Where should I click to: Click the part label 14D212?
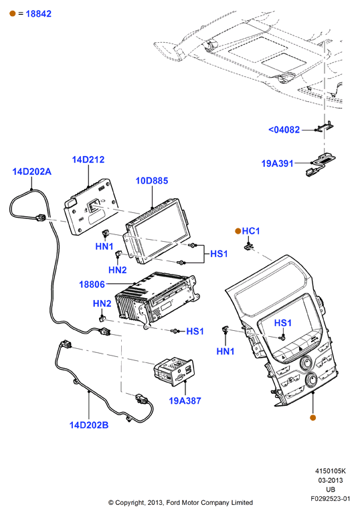tap(88, 159)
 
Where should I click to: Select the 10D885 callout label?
tap(152, 181)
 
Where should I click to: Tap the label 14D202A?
tap(32, 171)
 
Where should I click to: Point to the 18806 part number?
tap(92, 284)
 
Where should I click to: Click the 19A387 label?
tap(185, 400)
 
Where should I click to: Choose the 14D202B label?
tap(89, 425)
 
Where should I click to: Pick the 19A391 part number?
tap(277, 163)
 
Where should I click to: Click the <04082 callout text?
tap(284, 129)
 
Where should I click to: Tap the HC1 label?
tap(251, 231)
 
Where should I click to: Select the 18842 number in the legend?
tap(39, 13)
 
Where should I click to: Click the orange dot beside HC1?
tap(238, 231)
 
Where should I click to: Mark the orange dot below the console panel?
tap(313, 417)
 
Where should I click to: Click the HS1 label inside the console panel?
tap(283, 323)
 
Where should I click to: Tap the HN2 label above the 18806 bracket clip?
tap(102, 303)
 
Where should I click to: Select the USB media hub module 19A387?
tap(173, 370)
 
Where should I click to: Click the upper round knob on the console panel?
tap(306, 363)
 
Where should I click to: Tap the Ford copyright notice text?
tap(181, 502)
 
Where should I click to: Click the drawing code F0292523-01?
tap(331, 499)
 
